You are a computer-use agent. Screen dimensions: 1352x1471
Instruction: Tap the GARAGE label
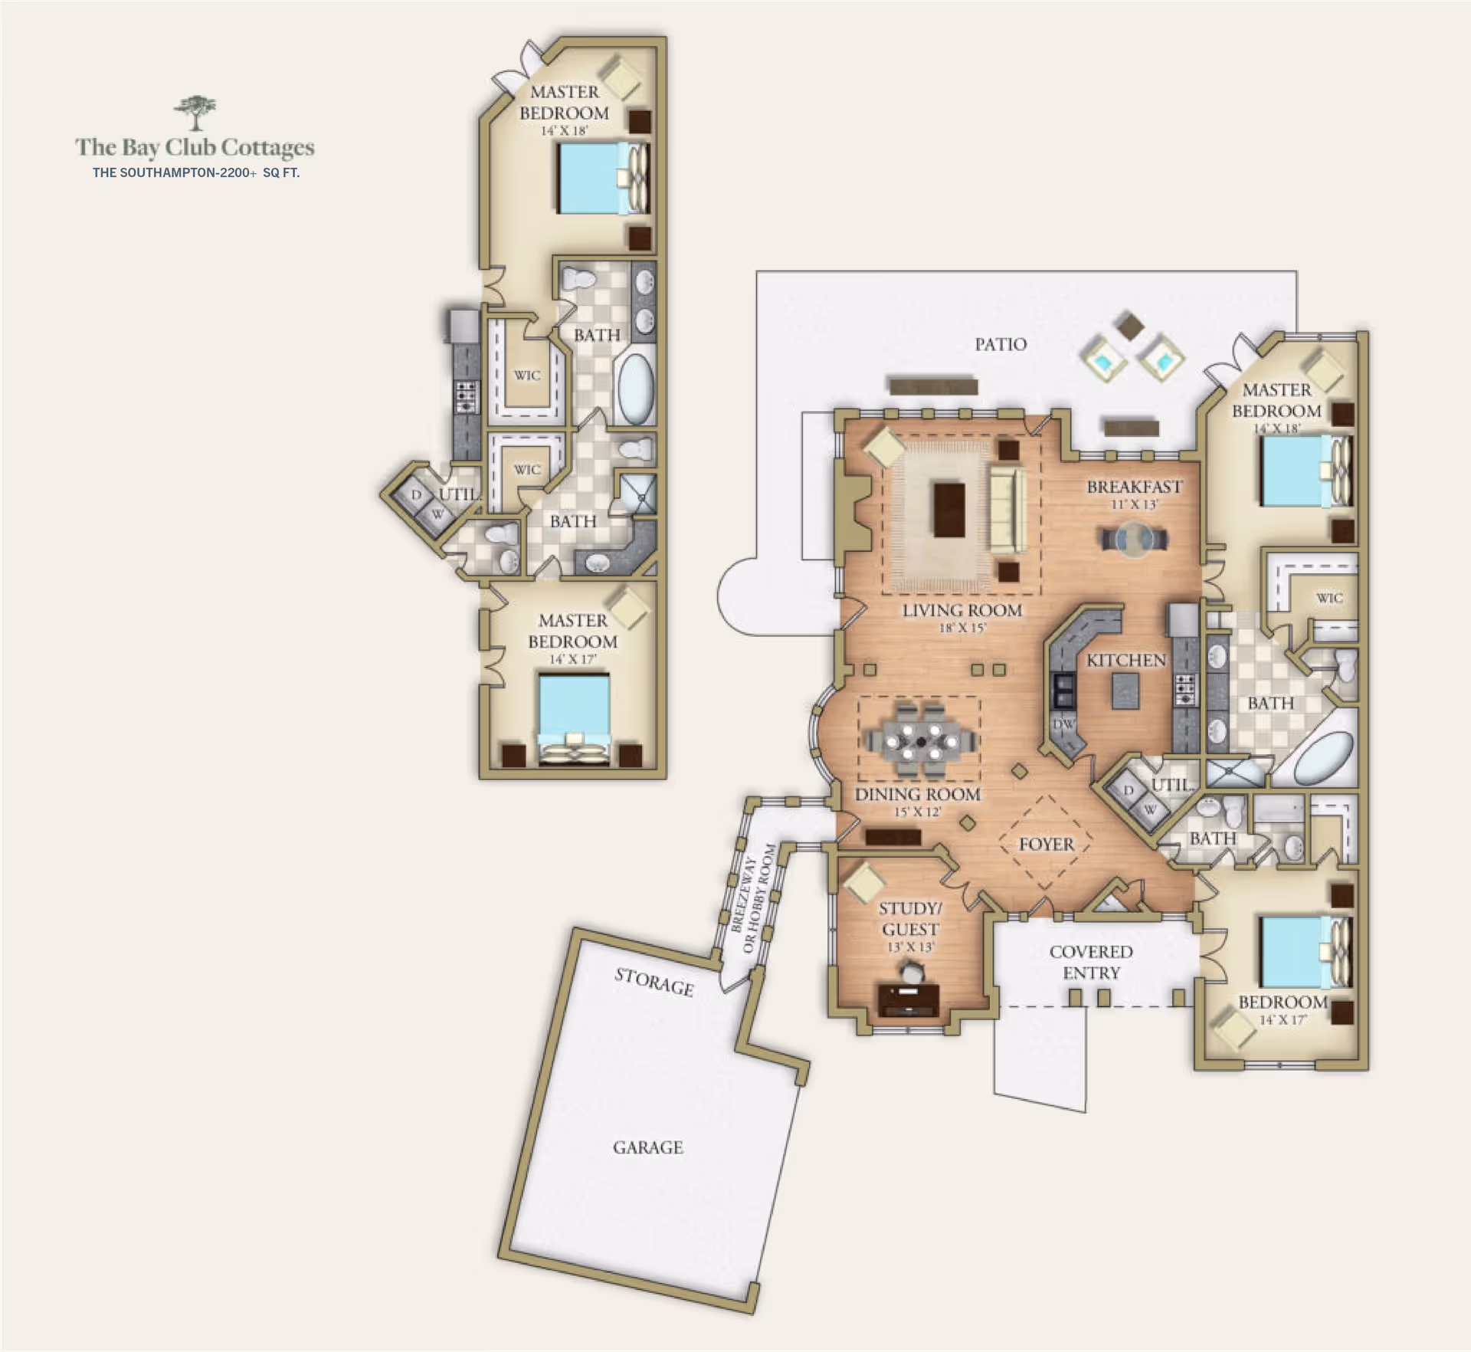[647, 1147]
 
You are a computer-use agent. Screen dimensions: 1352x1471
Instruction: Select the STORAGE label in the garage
[654, 982]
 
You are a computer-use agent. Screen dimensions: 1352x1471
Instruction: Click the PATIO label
[1001, 344]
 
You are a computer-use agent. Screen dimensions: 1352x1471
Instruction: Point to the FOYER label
[1046, 844]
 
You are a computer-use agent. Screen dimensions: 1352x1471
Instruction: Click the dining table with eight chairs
[920, 741]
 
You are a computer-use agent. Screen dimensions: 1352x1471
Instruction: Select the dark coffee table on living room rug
[949, 509]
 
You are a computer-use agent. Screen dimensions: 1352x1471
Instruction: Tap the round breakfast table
[1135, 539]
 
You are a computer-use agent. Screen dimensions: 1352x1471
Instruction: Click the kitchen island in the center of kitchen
[1125, 692]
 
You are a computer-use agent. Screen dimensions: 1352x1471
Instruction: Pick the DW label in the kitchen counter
[1063, 724]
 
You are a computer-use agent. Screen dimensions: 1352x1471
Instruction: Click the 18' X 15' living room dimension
[962, 628]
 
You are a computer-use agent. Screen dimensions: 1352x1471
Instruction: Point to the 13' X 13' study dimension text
[910, 947]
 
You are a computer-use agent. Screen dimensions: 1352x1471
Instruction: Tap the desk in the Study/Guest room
[909, 999]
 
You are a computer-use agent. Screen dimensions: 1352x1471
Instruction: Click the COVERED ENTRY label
[1091, 962]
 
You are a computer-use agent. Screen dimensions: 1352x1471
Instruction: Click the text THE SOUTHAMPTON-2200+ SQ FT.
[196, 172]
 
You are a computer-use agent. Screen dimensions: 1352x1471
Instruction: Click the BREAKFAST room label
[1134, 487]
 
